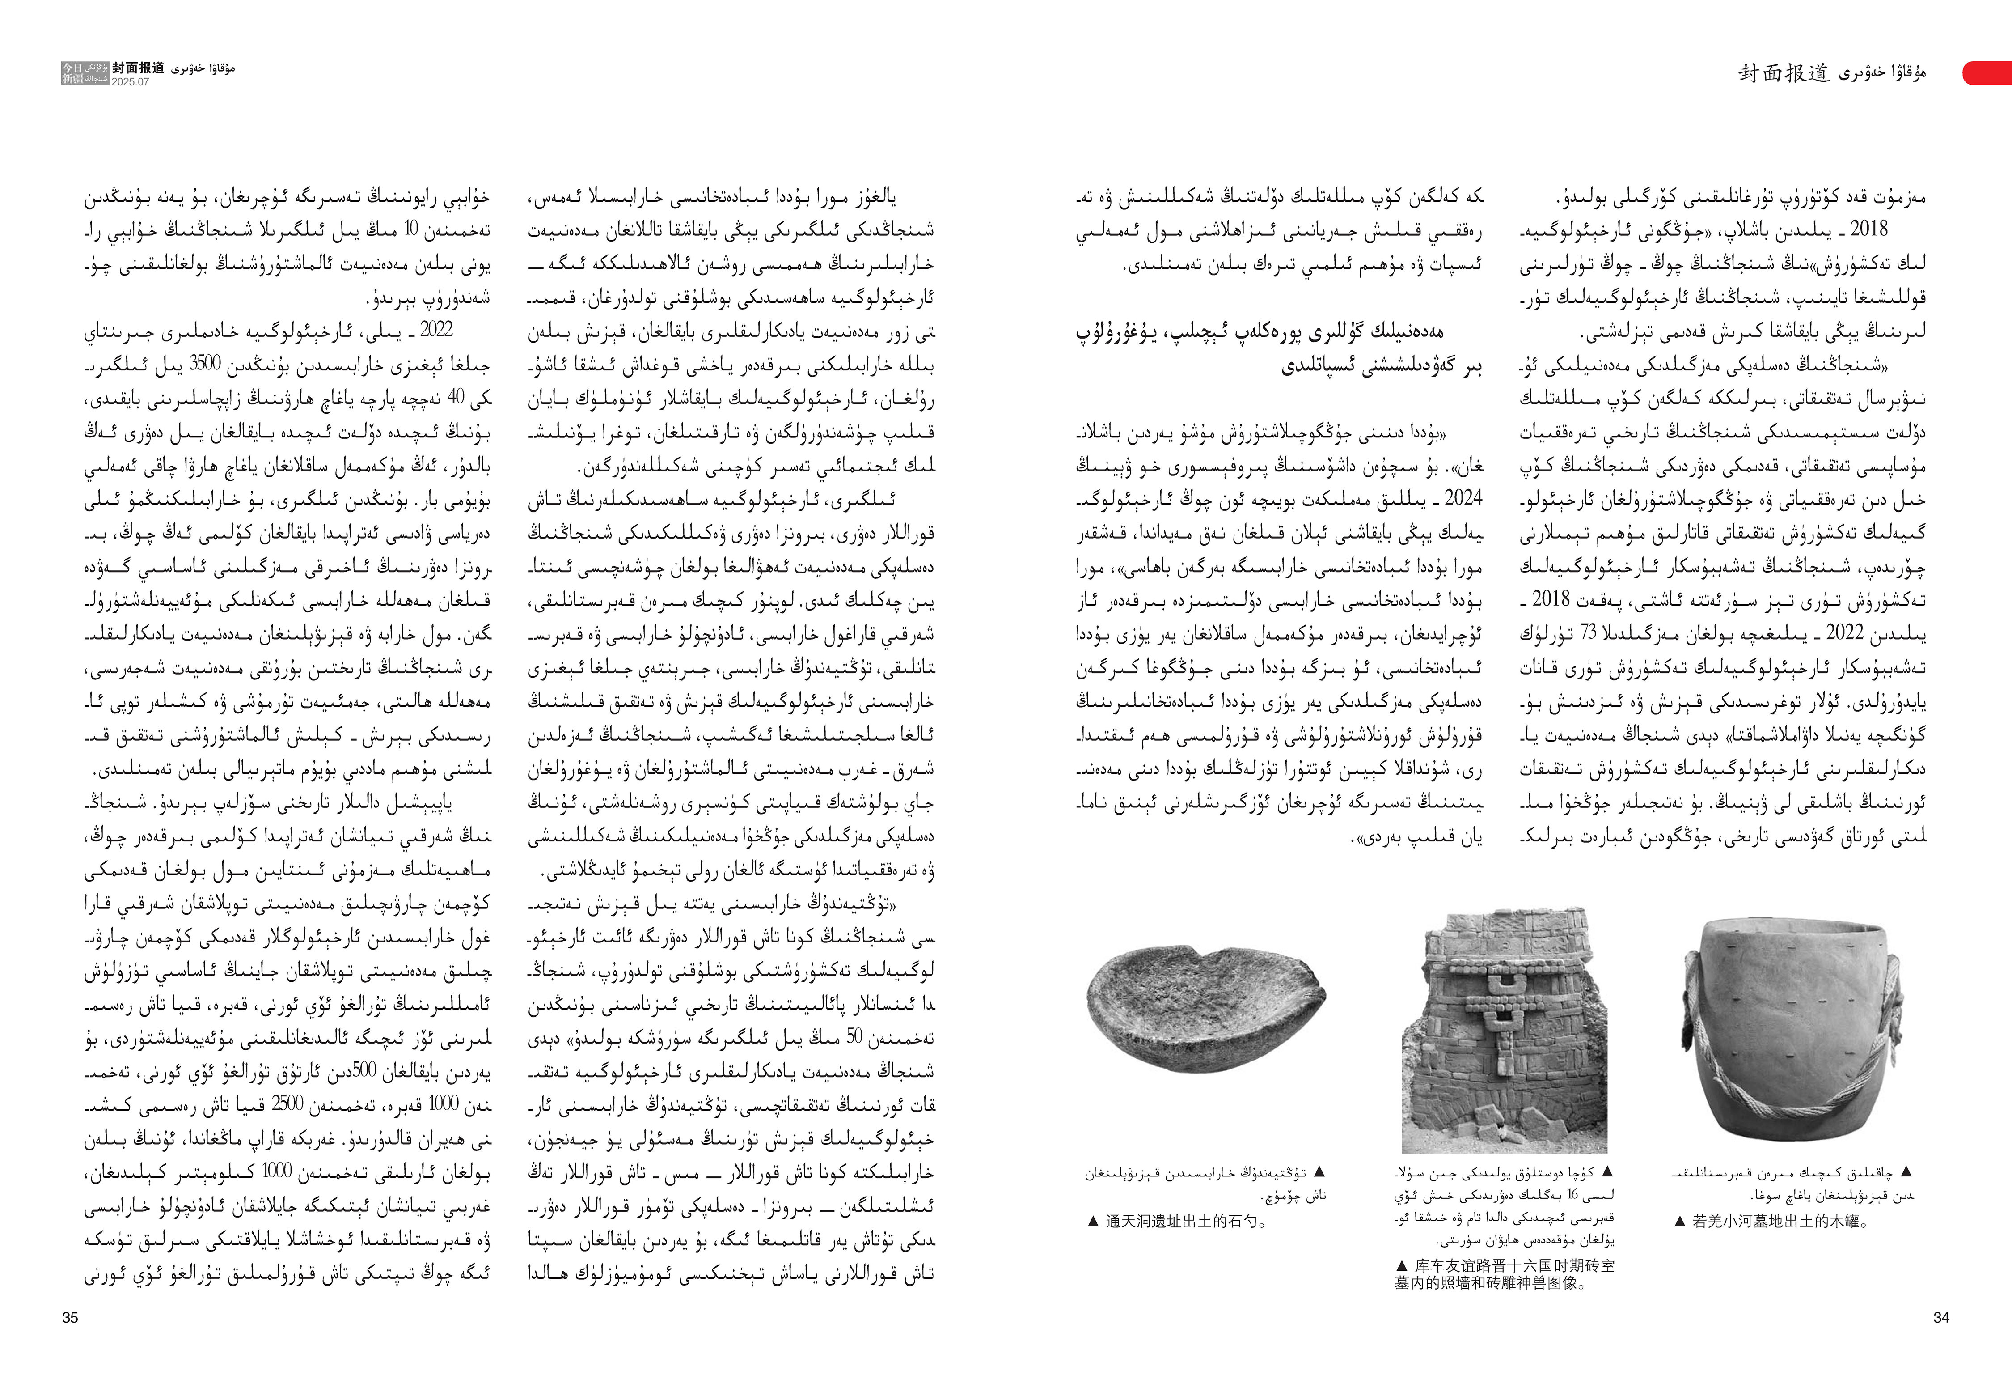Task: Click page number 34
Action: coord(1941,1318)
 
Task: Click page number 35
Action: coord(70,1318)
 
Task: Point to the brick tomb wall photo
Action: coord(1504,1031)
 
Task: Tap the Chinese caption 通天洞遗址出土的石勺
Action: coord(1176,1222)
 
